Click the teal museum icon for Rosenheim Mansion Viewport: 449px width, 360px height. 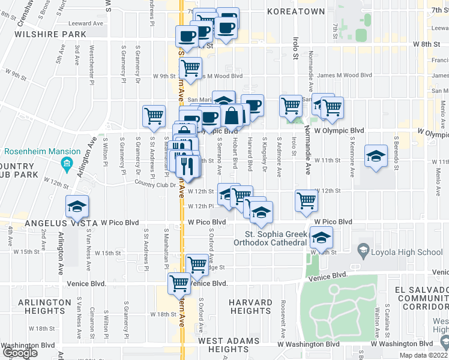pos(66,163)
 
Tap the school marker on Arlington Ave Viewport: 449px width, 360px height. pos(77,208)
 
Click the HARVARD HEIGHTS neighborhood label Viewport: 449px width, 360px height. pos(250,306)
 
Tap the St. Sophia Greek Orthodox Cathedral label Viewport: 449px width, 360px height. pos(275,238)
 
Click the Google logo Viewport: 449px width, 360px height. pos(20,353)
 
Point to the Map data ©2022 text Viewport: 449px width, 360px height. pos(424,355)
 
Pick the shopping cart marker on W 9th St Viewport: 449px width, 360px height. pos(190,68)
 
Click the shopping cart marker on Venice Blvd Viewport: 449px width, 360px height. pos(179,283)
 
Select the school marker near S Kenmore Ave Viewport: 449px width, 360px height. pos(376,157)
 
